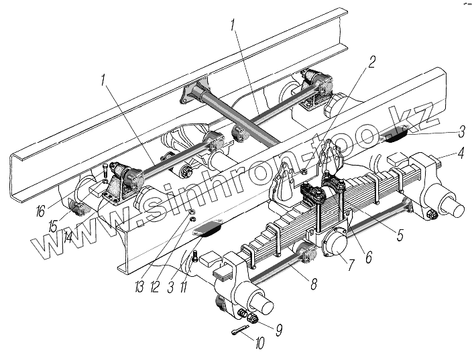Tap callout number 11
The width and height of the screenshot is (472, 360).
(186, 287)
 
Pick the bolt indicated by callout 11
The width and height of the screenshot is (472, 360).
(192, 257)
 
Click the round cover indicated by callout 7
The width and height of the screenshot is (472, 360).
(333, 243)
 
